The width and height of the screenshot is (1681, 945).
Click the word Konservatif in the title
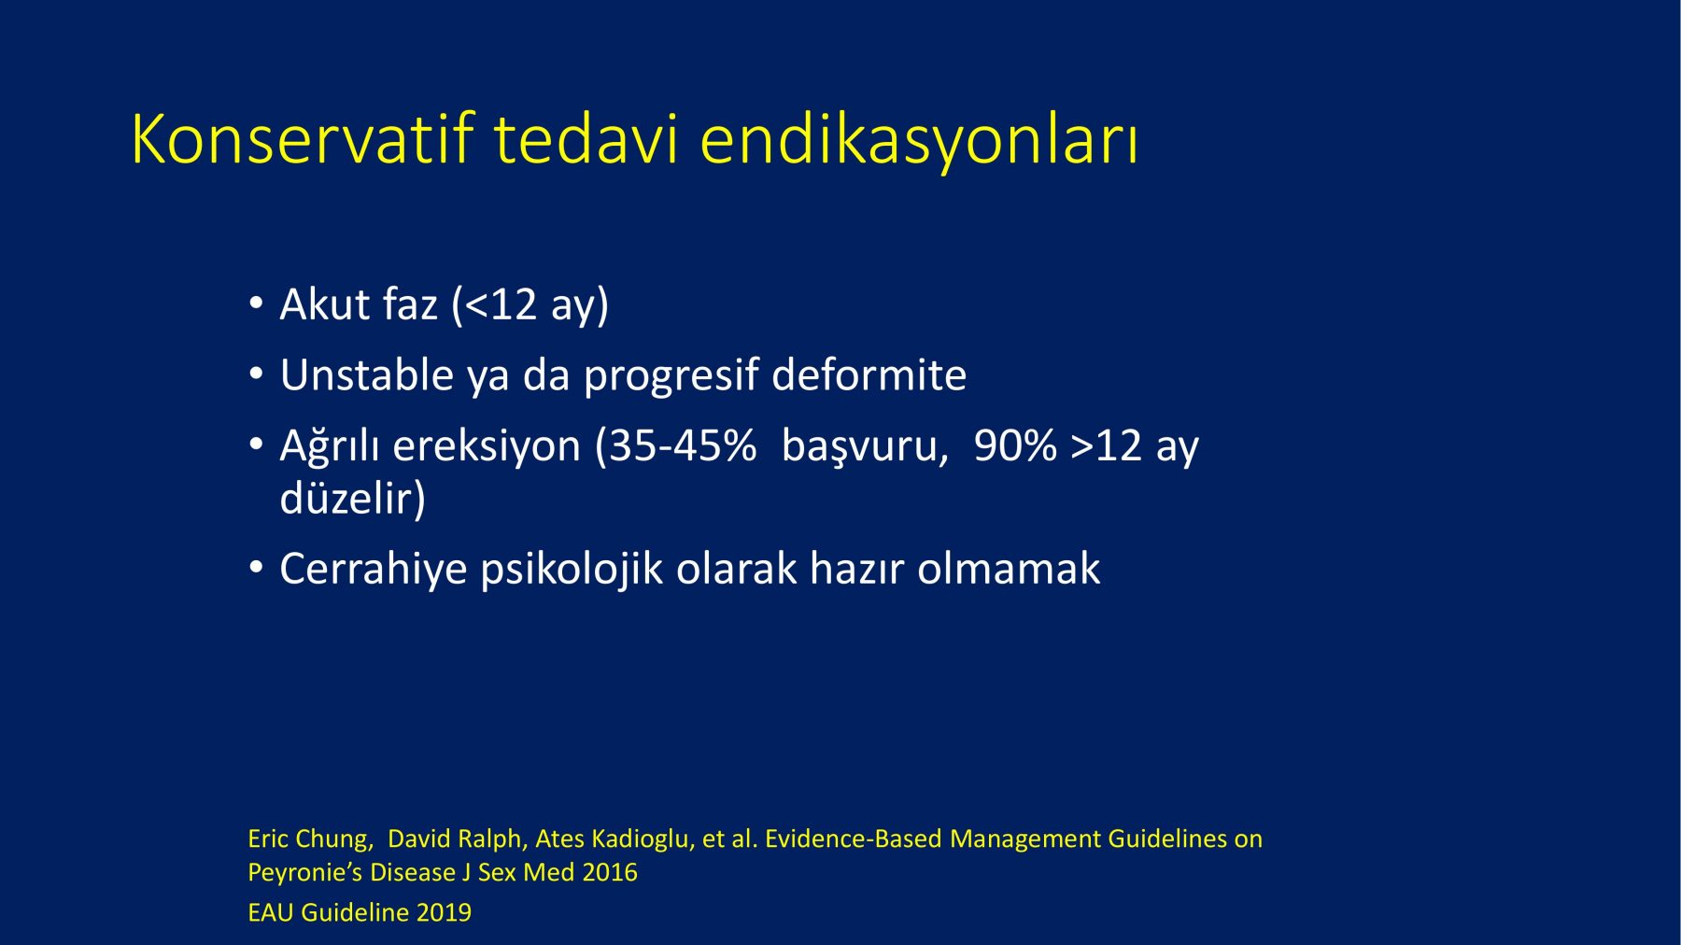point(303,140)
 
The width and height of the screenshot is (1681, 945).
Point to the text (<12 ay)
point(530,305)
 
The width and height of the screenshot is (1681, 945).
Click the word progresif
point(671,376)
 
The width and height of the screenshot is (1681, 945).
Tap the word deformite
point(869,374)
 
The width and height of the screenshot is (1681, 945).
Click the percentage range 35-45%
point(683,445)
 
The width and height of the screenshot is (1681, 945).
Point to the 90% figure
point(1015,445)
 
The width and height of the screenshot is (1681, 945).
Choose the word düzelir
point(346,497)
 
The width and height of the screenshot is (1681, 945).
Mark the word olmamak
point(1009,569)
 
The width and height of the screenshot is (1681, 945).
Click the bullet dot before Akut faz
point(256,304)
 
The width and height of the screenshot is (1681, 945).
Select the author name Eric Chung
point(308,839)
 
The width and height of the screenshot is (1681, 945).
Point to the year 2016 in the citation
point(609,872)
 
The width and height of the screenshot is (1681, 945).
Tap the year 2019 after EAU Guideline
point(444,912)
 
